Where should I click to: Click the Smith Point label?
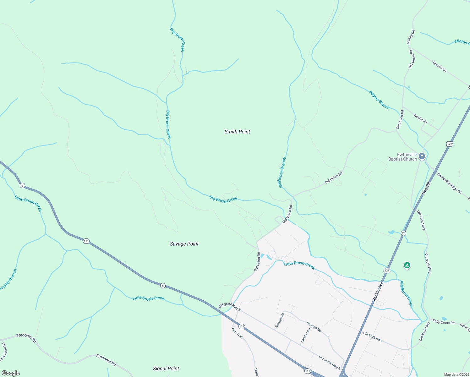click(237, 132)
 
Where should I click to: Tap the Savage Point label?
click(184, 244)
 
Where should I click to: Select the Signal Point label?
click(166, 369)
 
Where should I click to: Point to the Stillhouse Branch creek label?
click(282, 172)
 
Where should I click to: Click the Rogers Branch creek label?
click(379, 100)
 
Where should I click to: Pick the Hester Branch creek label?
click(8, 279)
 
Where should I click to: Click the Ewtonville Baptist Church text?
click(402, 157)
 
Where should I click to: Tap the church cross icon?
click(422, 156)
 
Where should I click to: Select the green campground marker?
click(407, 265)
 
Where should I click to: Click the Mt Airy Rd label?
click(411, 37)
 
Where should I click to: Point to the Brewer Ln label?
click(439, 67)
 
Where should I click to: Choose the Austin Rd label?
click(420, 119)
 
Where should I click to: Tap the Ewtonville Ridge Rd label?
click(449, 183)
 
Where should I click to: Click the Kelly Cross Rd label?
click(443, 322)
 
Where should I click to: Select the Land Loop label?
click(305, 335)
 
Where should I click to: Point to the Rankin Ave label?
click(378, 292)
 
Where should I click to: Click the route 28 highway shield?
click(403, 233)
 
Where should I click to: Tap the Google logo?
click(11, 373)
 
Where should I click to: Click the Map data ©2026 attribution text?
click(456, 374)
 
